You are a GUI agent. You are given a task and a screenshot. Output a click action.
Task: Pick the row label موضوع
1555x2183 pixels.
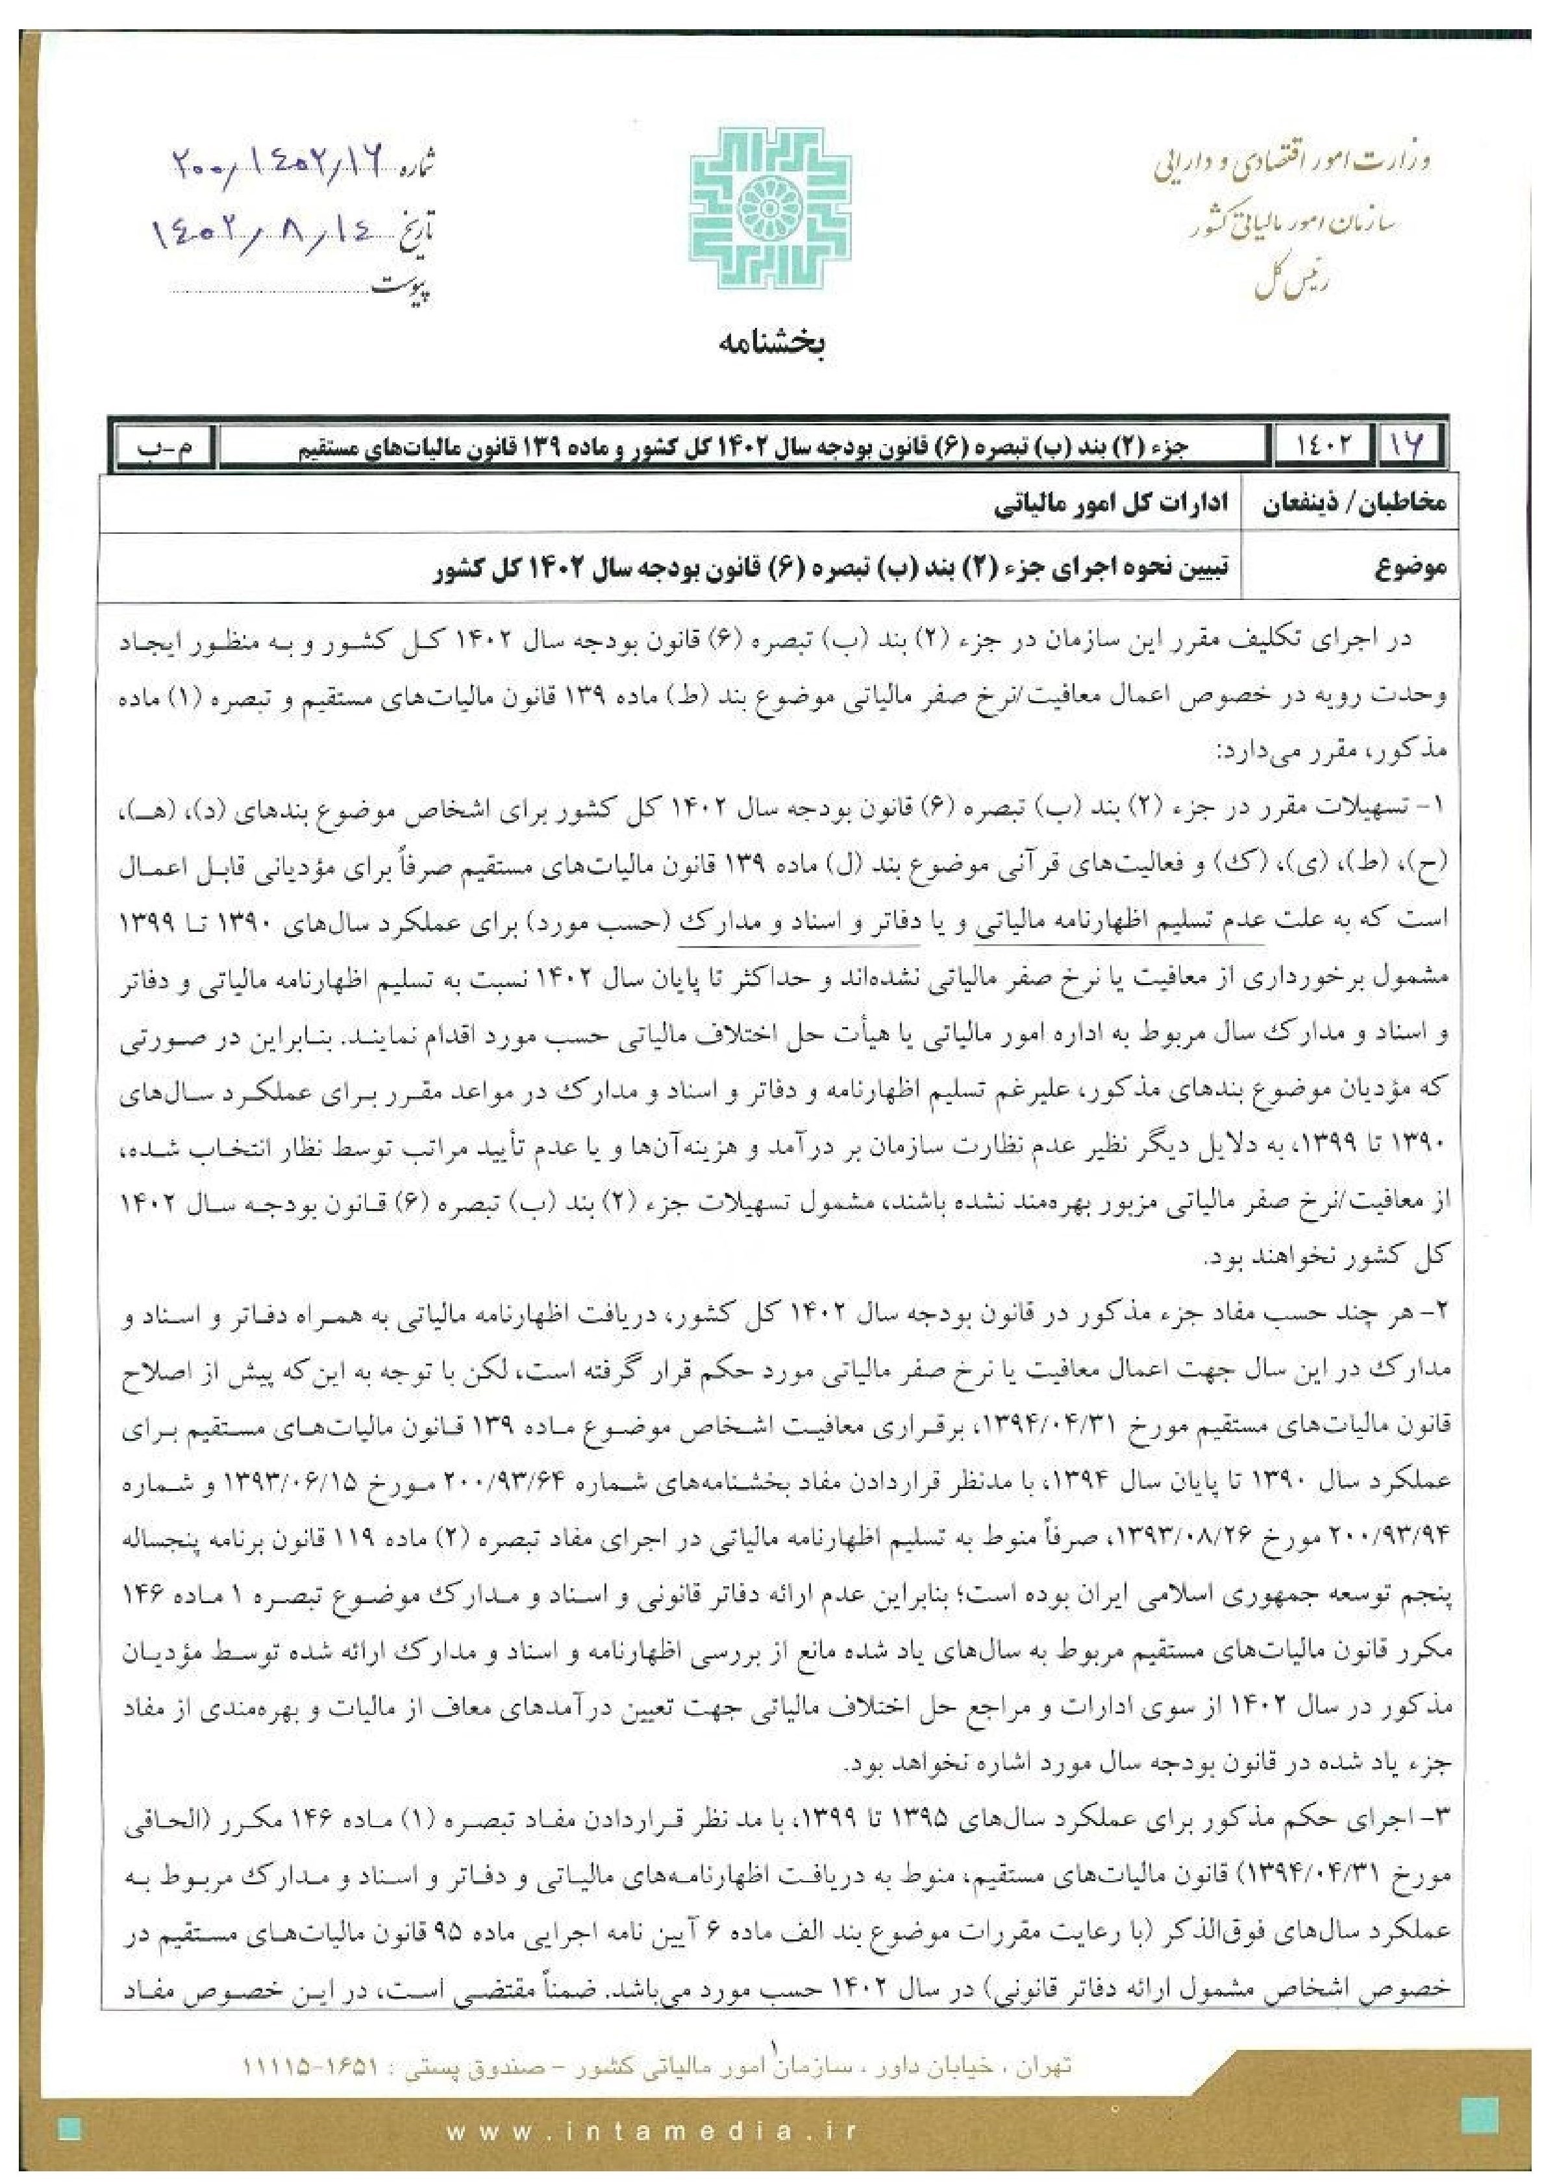[1410, 569]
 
